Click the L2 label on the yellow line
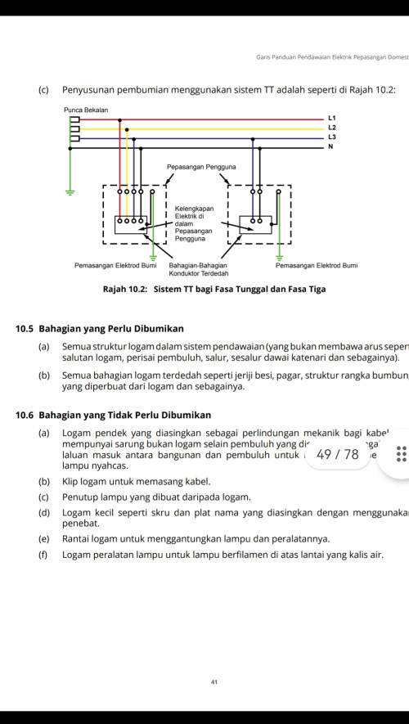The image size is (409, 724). click(331, 128)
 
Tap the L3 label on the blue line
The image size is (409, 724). click(331, 137)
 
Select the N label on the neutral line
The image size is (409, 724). click(330, 146)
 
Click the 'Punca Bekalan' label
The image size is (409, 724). click(85, 110)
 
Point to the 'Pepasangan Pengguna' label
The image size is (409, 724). click(201, 166)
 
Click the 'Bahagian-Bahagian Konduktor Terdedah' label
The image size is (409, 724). click(199, 270)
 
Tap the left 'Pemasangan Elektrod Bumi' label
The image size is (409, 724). click(115, 266)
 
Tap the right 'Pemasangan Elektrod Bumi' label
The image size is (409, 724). click(316, 266)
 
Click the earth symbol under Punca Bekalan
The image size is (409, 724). click(70, 193)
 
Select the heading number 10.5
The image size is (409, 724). click(25, 329)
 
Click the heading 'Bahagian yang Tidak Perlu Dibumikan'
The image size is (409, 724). click(125, 416)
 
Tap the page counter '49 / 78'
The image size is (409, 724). click(337, 454)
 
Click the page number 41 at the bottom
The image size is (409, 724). click(213, 681)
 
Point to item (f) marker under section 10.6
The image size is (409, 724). click(43, 555)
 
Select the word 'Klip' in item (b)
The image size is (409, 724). click(70, 481)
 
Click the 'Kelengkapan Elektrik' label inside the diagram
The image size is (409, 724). click(194, 214)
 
